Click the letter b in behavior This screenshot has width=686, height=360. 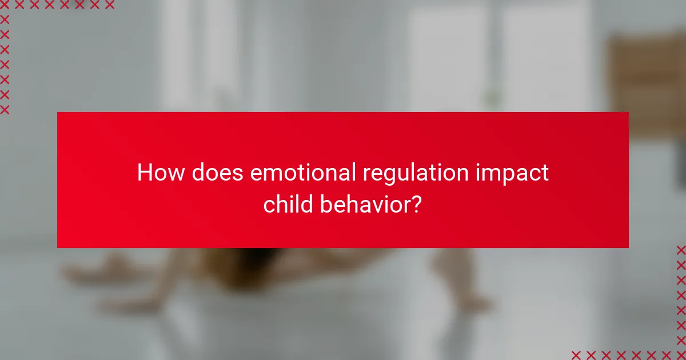[x=326, y=204]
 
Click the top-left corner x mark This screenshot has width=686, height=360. [x=5, y=5]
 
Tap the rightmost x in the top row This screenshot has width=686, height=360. [x=110, y=5]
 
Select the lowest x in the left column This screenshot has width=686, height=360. [x=5, y=110]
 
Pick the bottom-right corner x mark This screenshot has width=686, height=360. [x=681, y=354]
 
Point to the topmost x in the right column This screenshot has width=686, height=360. [x=681, y=250]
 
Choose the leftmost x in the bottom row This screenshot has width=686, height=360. [x=576, y=354]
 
